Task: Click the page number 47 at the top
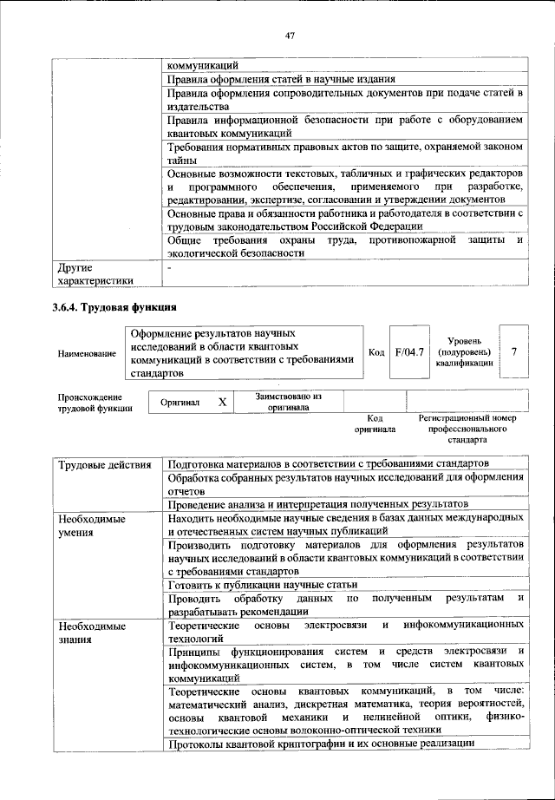[x=291, y=36]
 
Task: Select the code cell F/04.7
[x=408, y=352]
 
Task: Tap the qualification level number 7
[x=514, y=351]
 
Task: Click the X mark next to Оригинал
[x=222, y=402]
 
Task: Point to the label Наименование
[x=87, y=353]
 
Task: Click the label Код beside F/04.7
[x=376, y=352]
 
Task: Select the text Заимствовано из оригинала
[x=289, y=402]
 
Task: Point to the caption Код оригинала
[x=375, y=423]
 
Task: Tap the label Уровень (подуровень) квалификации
[x=466, y=352]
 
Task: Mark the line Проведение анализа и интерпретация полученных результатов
[x=318, y=503]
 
